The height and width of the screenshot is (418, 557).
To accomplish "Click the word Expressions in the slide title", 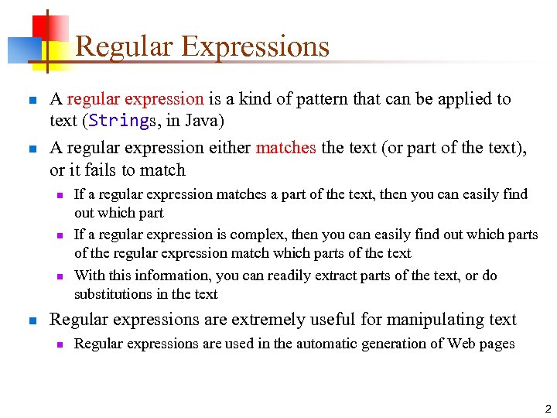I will coord(256,46).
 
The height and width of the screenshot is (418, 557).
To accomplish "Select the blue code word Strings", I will coord(121,122).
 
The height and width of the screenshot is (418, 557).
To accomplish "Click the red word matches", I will coord(285,148).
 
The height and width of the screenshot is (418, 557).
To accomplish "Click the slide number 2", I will coord(547,409).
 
